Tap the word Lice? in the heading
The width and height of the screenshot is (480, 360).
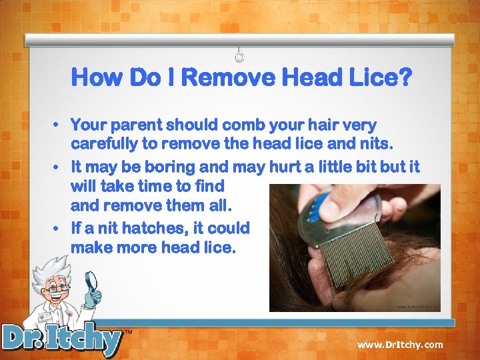(379, 78)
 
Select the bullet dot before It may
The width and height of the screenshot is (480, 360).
(59, 167)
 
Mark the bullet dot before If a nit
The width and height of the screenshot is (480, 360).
(59, 229)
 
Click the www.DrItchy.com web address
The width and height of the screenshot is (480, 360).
(399, 345)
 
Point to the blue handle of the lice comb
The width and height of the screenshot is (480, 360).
(318, 207)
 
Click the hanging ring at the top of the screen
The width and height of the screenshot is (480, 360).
(241, 56)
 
